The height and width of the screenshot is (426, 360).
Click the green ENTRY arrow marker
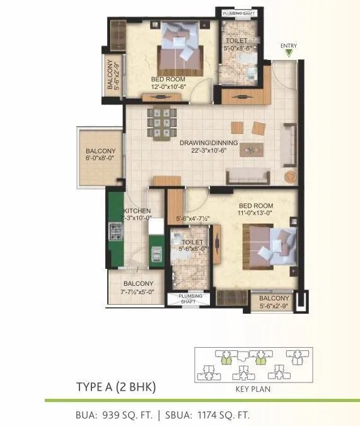(x=289, y=54)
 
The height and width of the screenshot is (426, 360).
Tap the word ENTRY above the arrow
(x=289, y=45)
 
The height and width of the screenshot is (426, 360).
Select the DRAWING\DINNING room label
(x=208, y=143)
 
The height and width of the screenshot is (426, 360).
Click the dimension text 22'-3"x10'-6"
(x=208, y=151)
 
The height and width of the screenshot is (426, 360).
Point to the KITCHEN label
(x=137, y=211)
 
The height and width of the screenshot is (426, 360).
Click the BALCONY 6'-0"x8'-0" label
(x=101, y=155)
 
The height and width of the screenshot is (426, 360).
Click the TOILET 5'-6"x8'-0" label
(x=192, y=246)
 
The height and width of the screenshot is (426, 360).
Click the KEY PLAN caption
(x=252, y=389)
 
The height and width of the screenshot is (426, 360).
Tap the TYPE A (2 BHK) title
(x=115, y=386)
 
